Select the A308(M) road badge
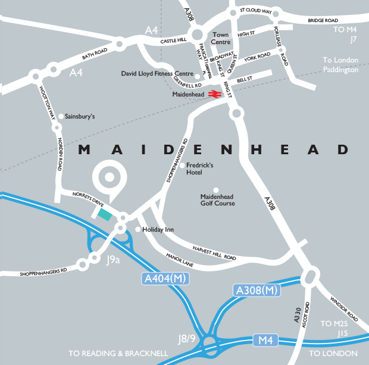pos(256,290)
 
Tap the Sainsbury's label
pos(80,117)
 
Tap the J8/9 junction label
pos(187,339)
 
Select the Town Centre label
pos(221,39)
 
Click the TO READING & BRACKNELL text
pos(118,353)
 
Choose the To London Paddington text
pos(340,65)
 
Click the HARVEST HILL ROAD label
pos(214,253)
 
